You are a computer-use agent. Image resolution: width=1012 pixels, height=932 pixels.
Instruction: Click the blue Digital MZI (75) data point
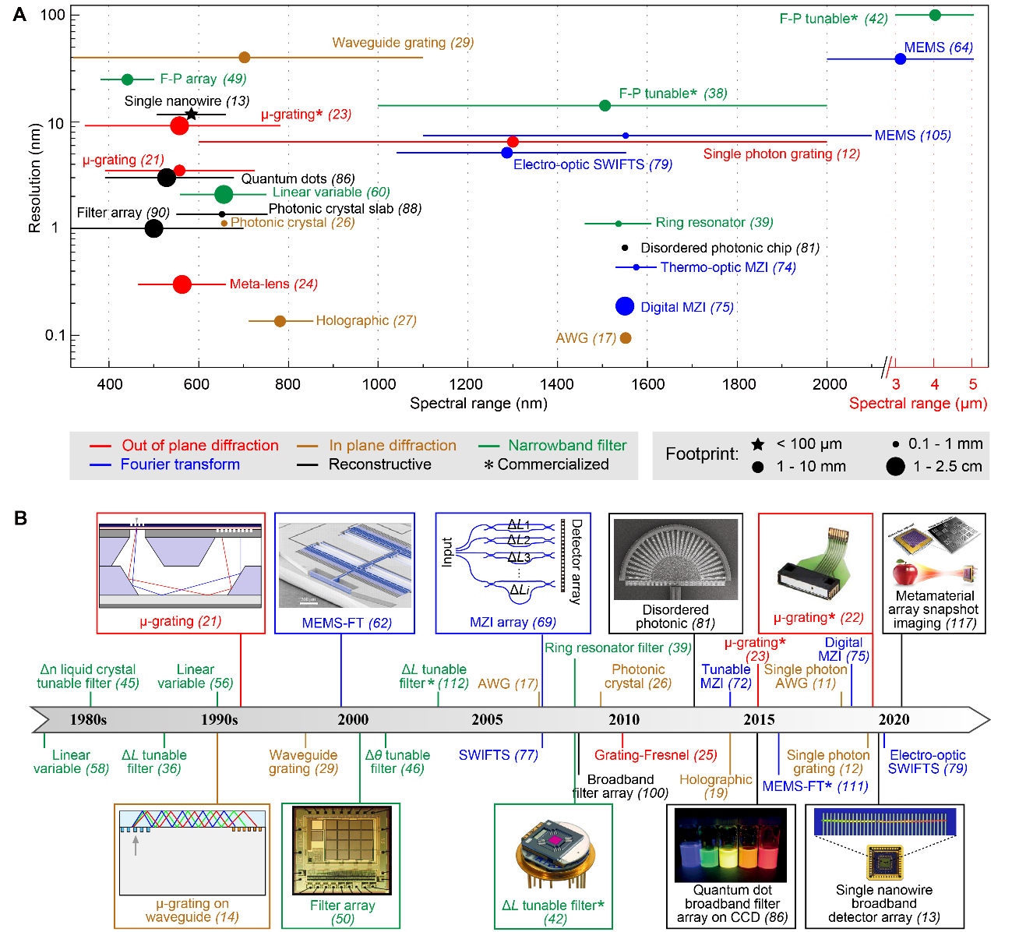tap(625, 306)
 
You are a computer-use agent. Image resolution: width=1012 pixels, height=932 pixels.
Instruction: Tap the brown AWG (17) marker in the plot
tap(626, 338)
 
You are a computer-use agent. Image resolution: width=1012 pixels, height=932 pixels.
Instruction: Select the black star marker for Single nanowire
tap(191, 115)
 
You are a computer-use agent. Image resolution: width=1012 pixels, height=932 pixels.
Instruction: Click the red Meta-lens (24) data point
tap(182, 284)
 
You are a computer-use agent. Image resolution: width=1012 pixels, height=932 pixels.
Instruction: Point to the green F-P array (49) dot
tap(127, 79)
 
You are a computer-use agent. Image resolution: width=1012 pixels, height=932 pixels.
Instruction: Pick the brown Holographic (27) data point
tap(280, 321)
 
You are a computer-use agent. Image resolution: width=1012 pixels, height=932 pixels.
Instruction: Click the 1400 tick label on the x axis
tap(557, 383)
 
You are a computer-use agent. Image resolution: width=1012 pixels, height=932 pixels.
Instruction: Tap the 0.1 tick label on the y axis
tap(55, 335)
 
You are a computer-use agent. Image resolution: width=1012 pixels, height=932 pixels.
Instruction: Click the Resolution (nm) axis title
tap(34, 178)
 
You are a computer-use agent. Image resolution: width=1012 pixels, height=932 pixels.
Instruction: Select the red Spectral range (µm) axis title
tap(918, 404)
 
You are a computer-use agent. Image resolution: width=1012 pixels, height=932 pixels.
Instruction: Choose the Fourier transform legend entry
tap(180, 464)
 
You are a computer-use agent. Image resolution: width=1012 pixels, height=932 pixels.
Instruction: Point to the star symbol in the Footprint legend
tap(757, 444)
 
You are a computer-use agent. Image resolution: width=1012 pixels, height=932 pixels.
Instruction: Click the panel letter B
tap(20, 517)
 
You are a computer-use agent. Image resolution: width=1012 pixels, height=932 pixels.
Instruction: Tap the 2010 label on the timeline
tap(624, 719)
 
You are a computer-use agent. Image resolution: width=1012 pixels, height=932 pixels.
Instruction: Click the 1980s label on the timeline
tap(88, 719)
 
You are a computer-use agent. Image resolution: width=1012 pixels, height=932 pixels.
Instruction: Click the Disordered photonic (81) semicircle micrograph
tap(675, 560)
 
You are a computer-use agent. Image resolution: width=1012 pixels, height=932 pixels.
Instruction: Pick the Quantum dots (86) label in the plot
tap(298, 179)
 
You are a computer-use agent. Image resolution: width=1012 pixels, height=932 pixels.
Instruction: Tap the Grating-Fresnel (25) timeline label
tap(655, 755)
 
